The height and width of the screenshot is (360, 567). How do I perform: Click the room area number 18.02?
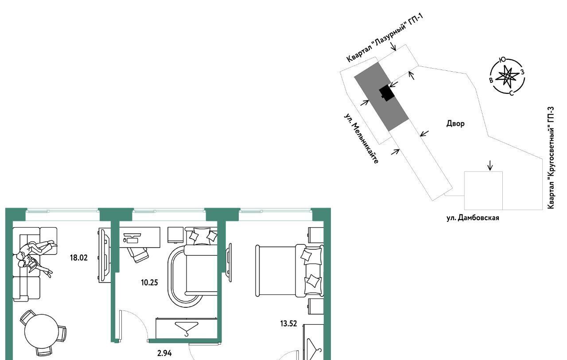[79, 258]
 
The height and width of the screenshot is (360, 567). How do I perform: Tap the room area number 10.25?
[149, 283]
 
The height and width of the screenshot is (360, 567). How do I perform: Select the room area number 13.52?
[288, 324]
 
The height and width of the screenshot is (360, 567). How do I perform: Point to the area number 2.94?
[164, 353]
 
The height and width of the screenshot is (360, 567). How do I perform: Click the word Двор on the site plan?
[455, 124]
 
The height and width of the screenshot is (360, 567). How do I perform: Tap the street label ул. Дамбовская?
[473, 218]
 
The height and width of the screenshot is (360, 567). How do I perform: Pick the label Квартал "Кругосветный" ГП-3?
[551, 158]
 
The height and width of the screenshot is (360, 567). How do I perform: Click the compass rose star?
[507, 76]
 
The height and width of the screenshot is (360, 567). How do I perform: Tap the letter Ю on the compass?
[502, 60]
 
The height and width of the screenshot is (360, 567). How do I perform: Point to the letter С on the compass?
[511, 93]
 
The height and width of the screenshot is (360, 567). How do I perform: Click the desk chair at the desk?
[138, 255]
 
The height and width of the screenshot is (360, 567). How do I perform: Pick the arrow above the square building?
[490, 166]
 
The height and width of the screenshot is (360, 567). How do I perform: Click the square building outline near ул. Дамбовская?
[483, 191]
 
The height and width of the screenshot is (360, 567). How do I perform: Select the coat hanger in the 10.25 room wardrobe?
[186, 329]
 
